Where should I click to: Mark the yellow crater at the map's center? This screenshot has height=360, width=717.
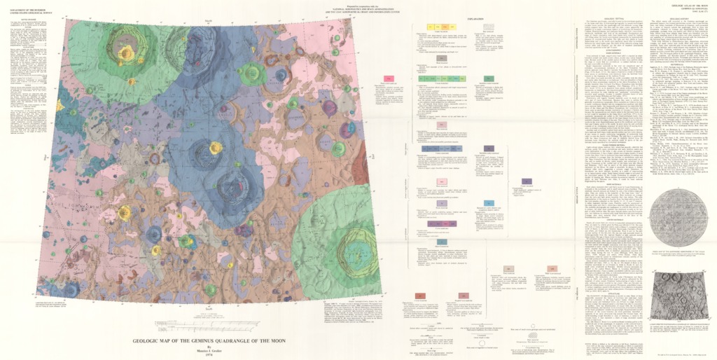pos(215,148)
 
